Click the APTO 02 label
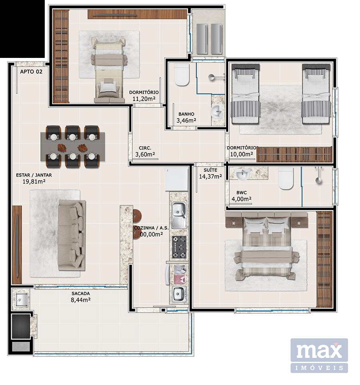(31, 72)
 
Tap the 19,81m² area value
(34, 182)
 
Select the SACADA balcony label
(81, 294)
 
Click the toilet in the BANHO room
(182, 74)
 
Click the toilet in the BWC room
(286, 179)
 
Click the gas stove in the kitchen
(179, 247)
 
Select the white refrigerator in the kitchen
(176, 179)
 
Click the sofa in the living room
(72, 235)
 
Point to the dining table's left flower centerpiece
(61, 147)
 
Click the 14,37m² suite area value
(211, 176)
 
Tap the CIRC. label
(145, 148)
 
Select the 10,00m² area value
(242, 154)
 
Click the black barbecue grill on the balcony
(21, 326)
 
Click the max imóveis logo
(319, 355)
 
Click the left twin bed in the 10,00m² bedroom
(246, 94)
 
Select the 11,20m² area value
(144, 99)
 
